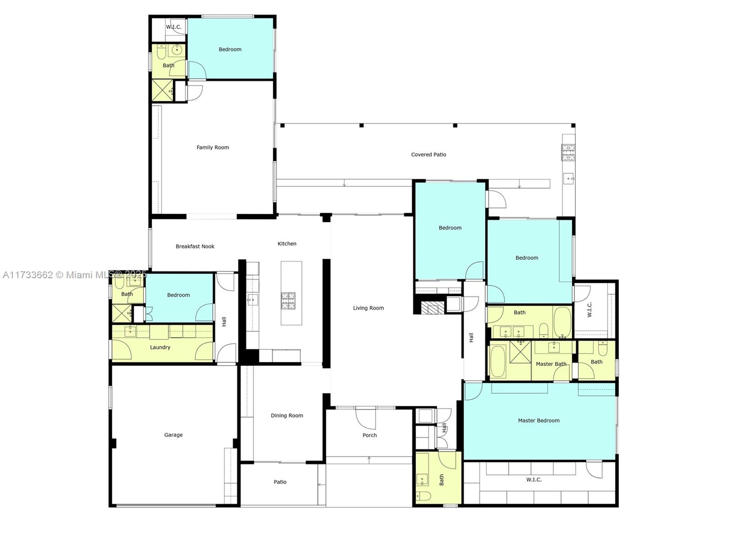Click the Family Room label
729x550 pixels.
(x=213, y=148)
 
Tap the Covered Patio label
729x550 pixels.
(x=428, y=154)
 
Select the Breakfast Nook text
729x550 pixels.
(x=195, y=246)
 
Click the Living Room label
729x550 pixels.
(x=368, y=308)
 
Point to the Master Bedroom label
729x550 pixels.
(x=539, y=421)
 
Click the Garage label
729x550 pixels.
(x=173, y=435)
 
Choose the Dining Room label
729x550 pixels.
(x=287, y=416)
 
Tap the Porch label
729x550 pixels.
(x=370, y=435)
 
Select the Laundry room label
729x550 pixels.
(x=160, y=347)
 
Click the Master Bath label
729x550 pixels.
(x=551, y=364)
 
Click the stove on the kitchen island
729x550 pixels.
(x=288, y=301)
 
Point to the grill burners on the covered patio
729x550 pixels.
(x=568, y=152)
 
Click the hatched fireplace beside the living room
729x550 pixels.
(x=432, y=308)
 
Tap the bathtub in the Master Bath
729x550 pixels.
(x=497, y=362)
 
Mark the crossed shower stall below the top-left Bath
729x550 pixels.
(x=162, y=90)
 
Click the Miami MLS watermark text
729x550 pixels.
(x=74, y=275)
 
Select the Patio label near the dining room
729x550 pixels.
(x=280, y=482)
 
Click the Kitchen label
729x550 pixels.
(x=287, y=244)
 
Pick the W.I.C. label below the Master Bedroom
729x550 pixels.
(x=534, y=479)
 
